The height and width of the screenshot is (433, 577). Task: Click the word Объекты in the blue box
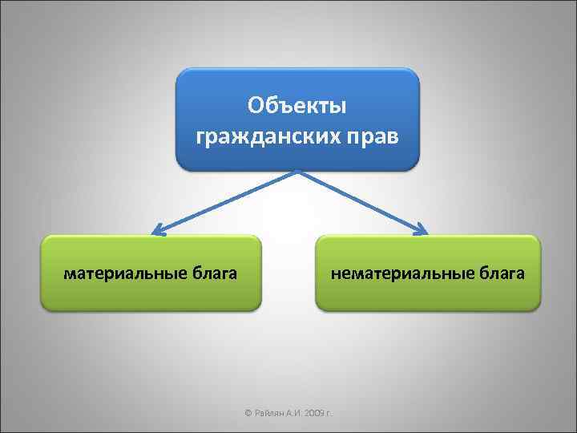click(x=297, y=105)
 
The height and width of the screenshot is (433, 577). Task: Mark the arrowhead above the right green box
click(x=422, y=232)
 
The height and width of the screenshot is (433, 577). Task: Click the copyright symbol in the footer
click(x=247, y=414)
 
